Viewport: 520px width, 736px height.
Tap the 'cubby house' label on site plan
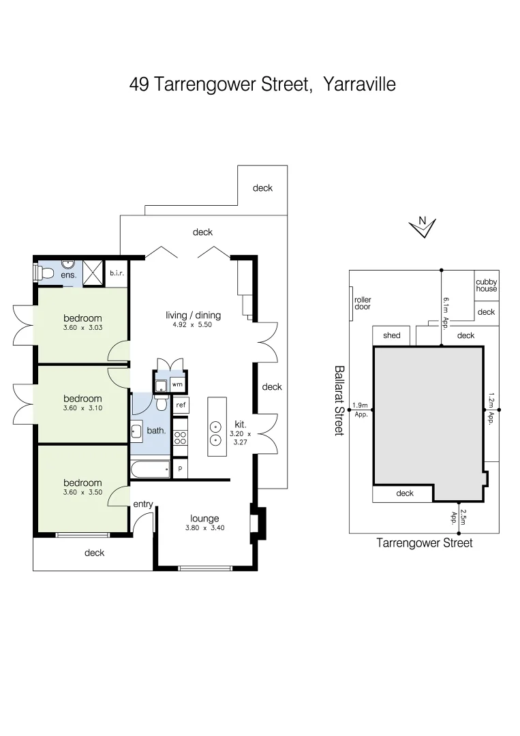tap(486, 286)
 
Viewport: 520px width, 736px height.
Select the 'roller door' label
tap(363, 303)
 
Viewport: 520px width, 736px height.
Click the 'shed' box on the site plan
tap(391, 335)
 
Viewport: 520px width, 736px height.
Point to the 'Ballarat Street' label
tap(339, 400)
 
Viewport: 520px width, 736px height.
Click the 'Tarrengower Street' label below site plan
tap(424, 543)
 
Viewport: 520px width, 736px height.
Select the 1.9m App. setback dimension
tap(360, 410)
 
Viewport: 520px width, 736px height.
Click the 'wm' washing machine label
tap(177, 385)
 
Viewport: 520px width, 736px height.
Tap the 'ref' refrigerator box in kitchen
tap(181, 405)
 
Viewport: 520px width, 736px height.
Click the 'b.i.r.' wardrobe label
tap(116, 274)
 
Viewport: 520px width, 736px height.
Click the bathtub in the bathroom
tap(150, 470)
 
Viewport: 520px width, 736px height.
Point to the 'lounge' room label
tap(204, 519)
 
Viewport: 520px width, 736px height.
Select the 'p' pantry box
tap(181, 469)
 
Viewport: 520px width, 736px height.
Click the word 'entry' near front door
tap(142, 504)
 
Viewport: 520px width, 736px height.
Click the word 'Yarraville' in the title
tap(360, 85)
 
